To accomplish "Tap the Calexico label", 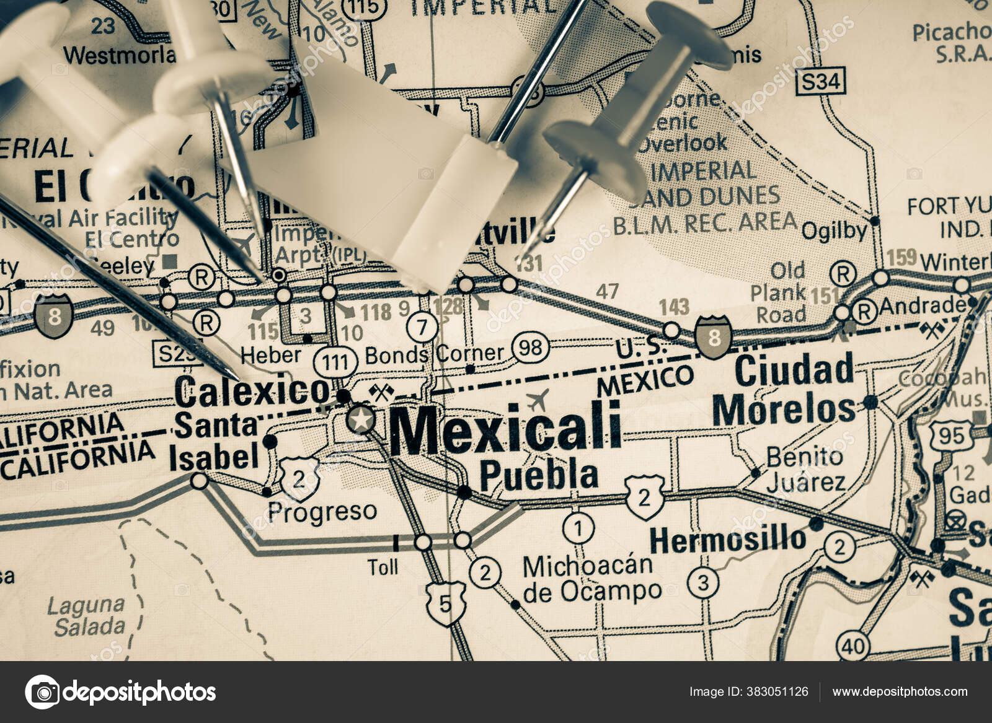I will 252,391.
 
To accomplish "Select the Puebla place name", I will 539,476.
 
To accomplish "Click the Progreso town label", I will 322,512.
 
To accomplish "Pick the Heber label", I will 270,355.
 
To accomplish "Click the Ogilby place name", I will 833,231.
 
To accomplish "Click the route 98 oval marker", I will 531,348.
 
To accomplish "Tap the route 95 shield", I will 950,437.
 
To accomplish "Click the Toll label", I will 383,567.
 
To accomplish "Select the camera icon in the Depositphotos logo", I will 43,691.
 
